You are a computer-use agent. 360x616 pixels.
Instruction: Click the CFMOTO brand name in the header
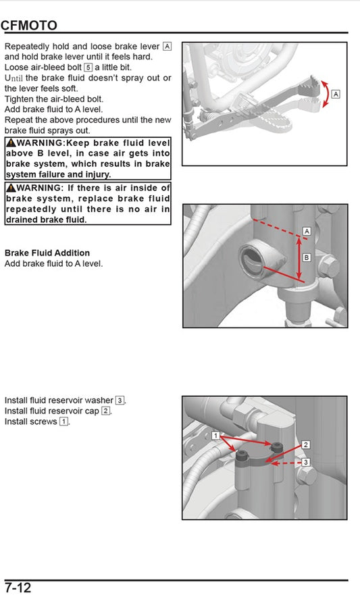pyautogui.click(x=29, y=25)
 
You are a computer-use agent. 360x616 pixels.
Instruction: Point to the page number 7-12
pyautogui.click(x=18, y=588)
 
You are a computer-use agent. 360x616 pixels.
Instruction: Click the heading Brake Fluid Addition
pyautogui.click(x=47, y=253)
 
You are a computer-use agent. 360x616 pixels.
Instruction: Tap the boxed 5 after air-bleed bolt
pyautogui.click(x=88, y=67)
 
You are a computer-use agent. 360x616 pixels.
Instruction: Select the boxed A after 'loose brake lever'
pyautogui.click(x=168, y=47)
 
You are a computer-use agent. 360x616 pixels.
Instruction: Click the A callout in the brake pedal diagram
pyautogui.click(x=336, y=94)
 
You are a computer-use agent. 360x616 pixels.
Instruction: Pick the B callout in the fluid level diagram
pyautogui.click(x=306, y=257)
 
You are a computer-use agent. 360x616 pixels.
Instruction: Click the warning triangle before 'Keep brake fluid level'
pyautogui.click(x=11, y=143)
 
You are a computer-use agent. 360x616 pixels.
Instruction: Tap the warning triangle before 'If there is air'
pyautogui.click(x=11, y=188)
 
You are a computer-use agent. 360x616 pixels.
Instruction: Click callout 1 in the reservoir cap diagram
pyautogui.click(x=215, y=436)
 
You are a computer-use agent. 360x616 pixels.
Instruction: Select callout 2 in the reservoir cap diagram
pyautogui.click(x=305, y=444)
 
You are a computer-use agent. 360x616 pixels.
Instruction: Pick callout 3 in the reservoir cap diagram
pyautogui.click(x=305, y=462)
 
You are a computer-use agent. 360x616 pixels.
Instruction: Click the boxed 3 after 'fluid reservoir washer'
pyautogui.click(x=120, y=401)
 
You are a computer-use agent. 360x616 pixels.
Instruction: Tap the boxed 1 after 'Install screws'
pyautogui.click(x=63, y=421)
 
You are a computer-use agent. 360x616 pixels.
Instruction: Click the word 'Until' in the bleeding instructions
pyautogui.click(x=14, y=78)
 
